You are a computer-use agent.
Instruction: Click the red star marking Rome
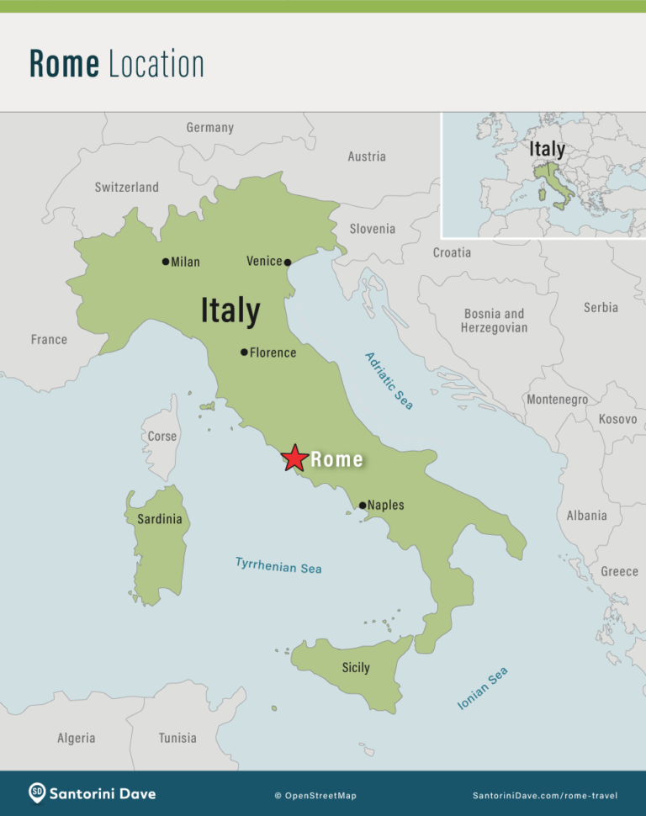tap(294, 458)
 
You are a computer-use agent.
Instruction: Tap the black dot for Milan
tap(166, 262)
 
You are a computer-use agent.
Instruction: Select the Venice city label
tap(264, 261)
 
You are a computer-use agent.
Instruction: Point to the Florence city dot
tap(244, 352)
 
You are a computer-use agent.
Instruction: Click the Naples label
tap(385, 505)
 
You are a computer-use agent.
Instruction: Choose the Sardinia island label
tap(160, 519)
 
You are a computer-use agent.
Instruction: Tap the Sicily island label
tap(356, 667)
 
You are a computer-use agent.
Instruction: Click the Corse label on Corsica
tap(162, 436)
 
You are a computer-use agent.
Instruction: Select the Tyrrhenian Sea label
tap(278, 566)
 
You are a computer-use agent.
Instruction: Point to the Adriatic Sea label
tap(389, 381)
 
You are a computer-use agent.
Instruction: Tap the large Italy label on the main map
tap(230, 311)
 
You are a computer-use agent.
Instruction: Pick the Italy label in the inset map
tap(547, 149)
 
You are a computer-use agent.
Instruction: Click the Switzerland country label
tap(126, 187)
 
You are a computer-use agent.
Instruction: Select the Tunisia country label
tap(177, 738)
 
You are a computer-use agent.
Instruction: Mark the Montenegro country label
tap(557, 400)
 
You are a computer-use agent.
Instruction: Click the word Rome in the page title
tap(64, 64)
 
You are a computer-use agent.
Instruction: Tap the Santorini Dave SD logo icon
tap(36, 792)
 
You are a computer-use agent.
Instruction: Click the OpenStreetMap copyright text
tap(315, 795)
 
